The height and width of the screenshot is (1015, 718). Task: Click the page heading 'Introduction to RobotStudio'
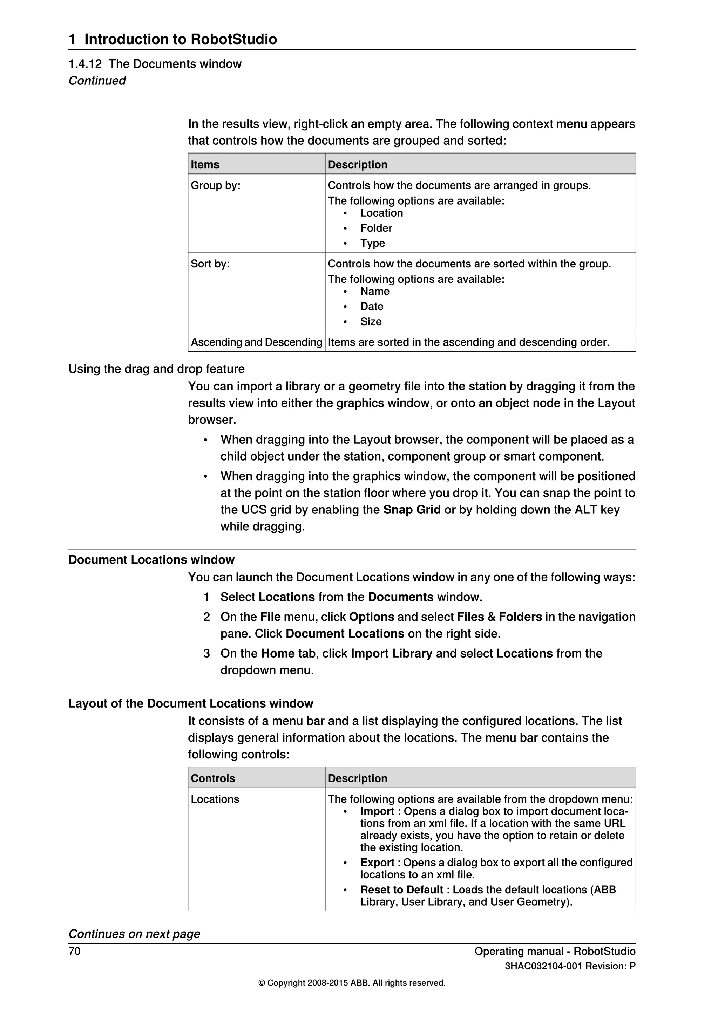click(x=181, y=39)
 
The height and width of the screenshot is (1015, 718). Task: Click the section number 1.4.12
click(x=85, y=64)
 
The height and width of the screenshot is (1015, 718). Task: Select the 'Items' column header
click(x=205, y=164)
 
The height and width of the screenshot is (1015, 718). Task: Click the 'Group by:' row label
click(x=215, y=185)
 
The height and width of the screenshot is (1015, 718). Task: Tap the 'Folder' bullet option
click(x=376, y=228)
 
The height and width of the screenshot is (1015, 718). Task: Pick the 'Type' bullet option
click(x=372, y=243)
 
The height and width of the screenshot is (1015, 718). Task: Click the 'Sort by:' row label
click(x=210, y=264)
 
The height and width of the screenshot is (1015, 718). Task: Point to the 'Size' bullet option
click(x=371, y=321)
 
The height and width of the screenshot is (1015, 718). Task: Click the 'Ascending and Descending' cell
click(x=256, y=342)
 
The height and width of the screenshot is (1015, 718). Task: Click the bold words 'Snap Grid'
click(x=412, y=510)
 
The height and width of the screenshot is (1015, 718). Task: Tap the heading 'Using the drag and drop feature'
click(x=156, y=369)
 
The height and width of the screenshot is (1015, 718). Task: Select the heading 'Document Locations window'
click(x=151, y=560)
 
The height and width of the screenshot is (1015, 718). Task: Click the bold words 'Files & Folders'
click(x=499, y=617)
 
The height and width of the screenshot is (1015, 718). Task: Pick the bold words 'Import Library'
click(x=391, y=653)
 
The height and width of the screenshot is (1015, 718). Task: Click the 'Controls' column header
click(x=213, y=778)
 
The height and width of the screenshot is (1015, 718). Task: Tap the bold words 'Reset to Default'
click(x=401, y=890)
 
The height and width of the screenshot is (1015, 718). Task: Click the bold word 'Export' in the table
click(x=377, y=863)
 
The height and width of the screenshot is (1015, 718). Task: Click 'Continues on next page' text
click(x=134, y=934)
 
